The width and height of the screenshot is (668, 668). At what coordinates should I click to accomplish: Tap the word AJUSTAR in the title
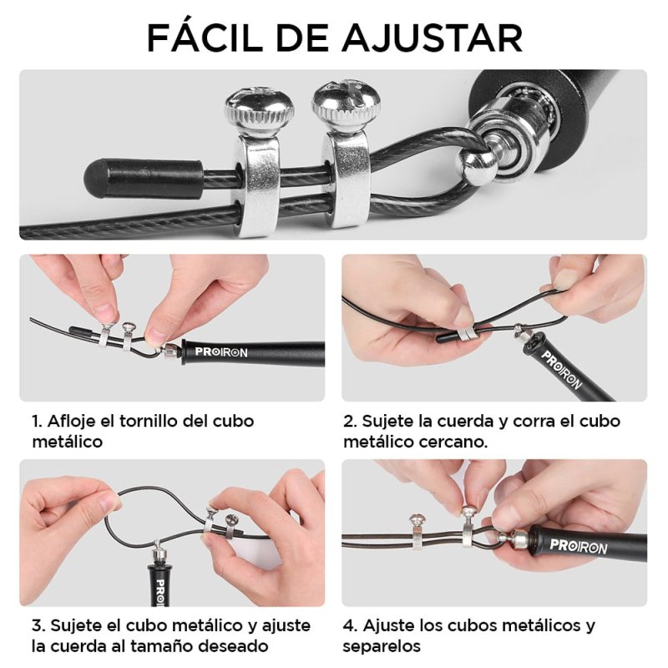[x=433, y=38]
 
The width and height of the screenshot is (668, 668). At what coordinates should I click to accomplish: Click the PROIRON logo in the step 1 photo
[x=220, y=352]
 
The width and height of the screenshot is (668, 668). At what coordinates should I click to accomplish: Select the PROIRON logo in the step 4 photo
[x=578, y=546]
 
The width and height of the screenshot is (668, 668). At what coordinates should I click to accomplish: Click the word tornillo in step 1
[x=149, y=421]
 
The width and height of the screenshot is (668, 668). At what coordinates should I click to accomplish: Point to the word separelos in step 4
[x=382, y=646]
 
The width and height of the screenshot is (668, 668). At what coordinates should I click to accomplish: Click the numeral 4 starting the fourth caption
[x=348, y=625]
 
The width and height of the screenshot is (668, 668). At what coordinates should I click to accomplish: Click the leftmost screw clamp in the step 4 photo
[x=416, y=533]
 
